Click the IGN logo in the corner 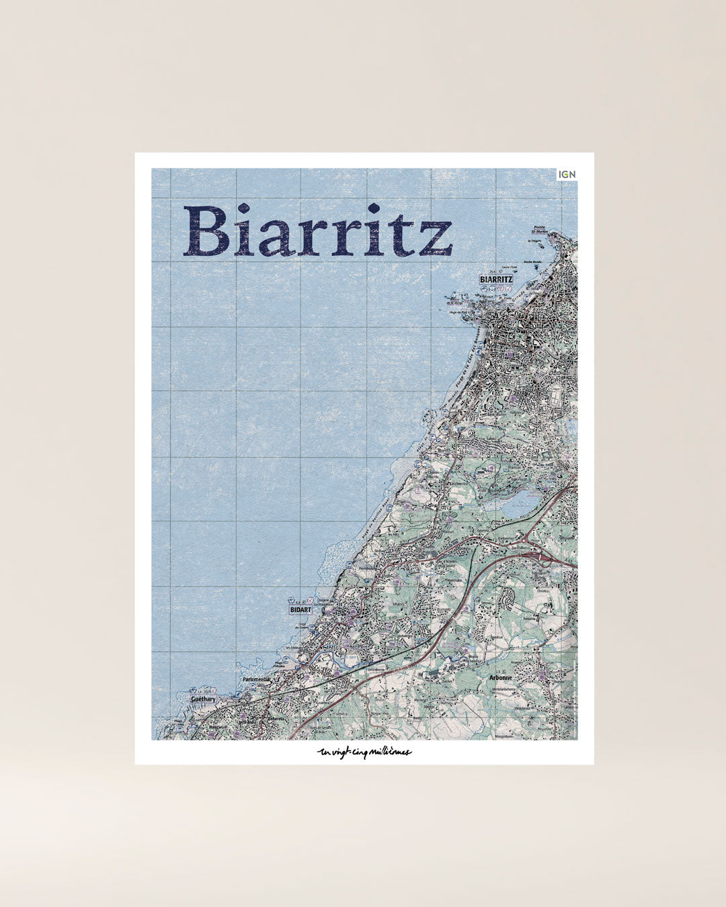click(x=567, y=175)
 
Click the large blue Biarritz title click(x=317, y=232)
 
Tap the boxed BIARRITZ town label click(x=497, y=279)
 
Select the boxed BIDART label click(x=300, y=609)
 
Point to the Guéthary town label click(x=203, y=699)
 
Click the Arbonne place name click(x=501, y=678)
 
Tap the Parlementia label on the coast click(x=255, y=679)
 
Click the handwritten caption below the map click(x=364, y=752)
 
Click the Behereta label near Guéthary click(x=276, y=718)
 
